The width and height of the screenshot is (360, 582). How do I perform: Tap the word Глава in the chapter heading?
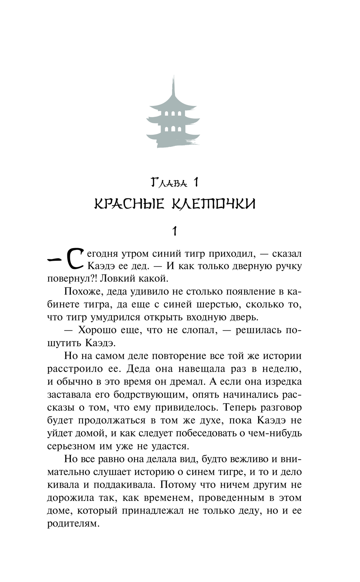[x=168, y=183]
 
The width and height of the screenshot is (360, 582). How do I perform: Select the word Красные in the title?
[x=129, y=204]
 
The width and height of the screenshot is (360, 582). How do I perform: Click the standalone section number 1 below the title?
[x=175, y=230]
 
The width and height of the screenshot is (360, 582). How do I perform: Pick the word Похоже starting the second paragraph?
[x=82, y=292]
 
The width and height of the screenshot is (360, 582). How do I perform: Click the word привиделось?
[x=186, y=408]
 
